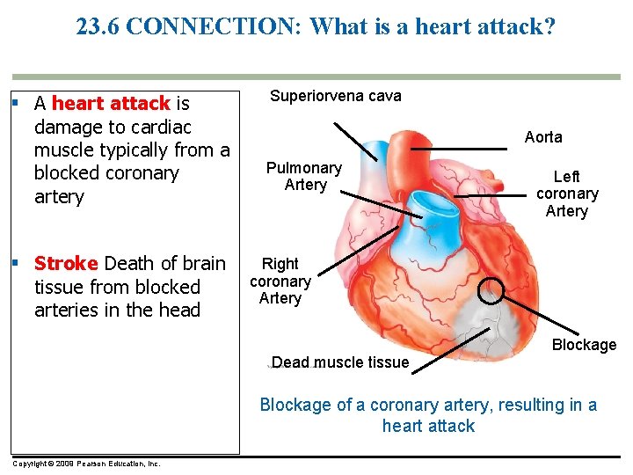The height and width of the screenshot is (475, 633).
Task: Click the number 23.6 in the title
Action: pos(98,26)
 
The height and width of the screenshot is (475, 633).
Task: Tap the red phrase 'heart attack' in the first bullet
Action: pos(111,104)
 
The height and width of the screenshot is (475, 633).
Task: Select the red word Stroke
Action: pos(66,264)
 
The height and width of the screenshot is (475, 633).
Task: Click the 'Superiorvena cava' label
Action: pos(335,96)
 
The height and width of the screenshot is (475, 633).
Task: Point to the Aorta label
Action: pos(543,137)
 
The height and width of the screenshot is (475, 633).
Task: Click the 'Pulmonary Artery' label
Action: pos(304,176)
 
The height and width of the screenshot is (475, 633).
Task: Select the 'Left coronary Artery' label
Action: pos(567,194)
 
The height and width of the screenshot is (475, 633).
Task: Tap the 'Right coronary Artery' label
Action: pos(280,281)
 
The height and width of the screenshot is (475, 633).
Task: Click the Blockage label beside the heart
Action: pos(584,345)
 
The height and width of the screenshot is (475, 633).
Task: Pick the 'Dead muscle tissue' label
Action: pos(341,362)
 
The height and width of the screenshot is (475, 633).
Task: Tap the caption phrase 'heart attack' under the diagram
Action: pos(428,426)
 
